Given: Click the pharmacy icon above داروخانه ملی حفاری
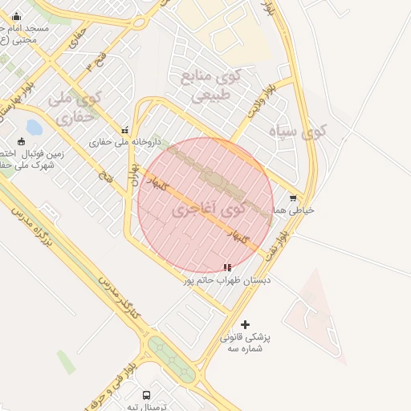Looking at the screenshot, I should [124, 129].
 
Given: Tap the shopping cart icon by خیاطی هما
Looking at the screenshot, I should [292, 197].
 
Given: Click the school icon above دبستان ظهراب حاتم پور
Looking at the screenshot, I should [227, 267].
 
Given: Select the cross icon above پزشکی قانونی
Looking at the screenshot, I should [245, 324].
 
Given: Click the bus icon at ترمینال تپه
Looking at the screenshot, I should [146, 395].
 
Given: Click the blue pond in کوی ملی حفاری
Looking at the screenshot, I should [35, 128].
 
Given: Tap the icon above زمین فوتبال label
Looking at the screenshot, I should [20, 141].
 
